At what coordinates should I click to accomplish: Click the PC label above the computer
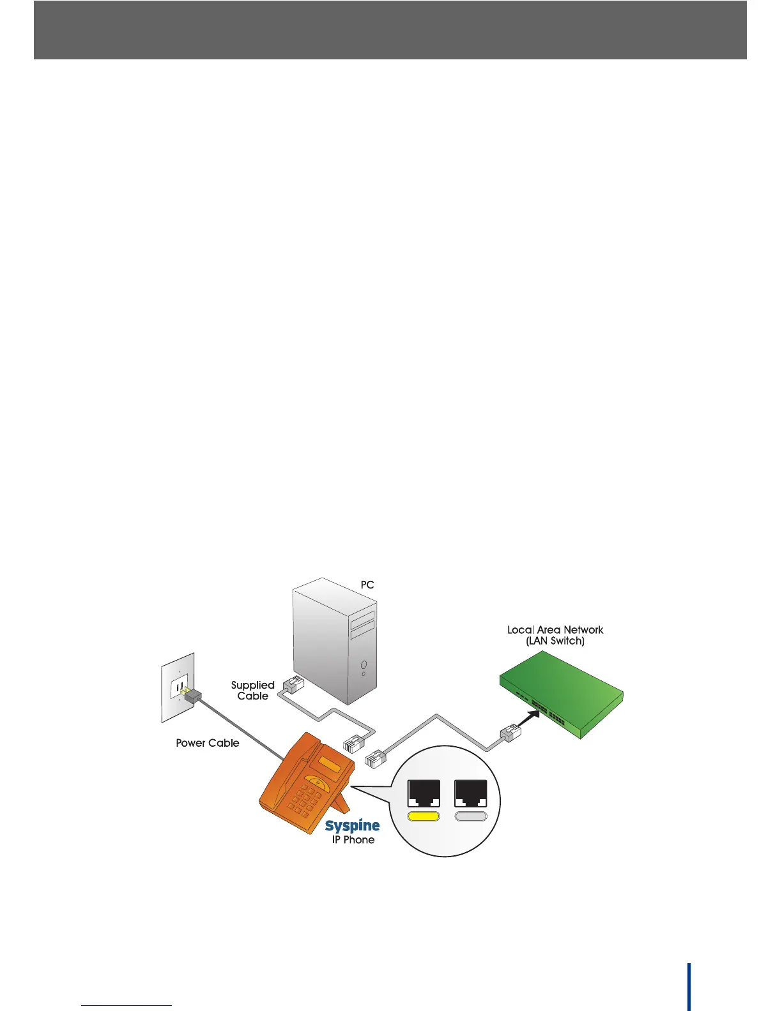[367, 585]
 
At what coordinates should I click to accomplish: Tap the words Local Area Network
[555, 630]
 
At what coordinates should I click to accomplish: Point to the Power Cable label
[207, 743]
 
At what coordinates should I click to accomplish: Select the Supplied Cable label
[253, 691]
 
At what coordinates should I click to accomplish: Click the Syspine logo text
[352, 826]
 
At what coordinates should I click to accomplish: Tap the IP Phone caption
[353, 840]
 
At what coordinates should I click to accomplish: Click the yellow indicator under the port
[424, 816]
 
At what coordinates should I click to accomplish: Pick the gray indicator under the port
[470, 816]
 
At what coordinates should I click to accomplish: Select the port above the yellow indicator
[424, 794]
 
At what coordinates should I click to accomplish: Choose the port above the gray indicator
[470, 794]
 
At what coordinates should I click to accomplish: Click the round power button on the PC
[363, 665]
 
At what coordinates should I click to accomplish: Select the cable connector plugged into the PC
[293, 684]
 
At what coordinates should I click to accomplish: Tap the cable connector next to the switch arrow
[512, 734]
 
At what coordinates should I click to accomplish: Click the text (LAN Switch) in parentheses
[555, 641]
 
